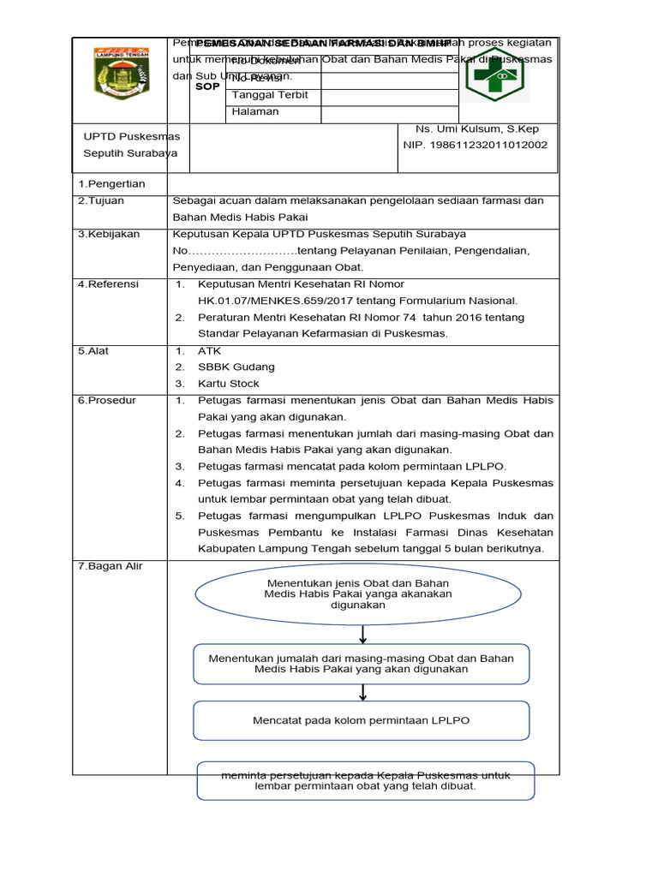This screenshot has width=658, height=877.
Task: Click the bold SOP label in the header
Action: tap(207, 87)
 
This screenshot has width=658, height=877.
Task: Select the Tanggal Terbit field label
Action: tap(270, 95)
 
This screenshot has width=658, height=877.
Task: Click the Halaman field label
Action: tap(255, 112)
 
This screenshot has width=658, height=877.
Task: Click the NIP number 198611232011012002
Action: tap(476, 146)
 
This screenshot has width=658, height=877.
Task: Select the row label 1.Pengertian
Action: tap(111, 184)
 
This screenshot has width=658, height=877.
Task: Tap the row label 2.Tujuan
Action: tap(101, 201)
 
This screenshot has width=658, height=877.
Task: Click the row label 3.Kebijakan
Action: tap(109, 235)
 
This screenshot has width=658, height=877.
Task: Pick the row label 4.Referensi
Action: tap(108, 284)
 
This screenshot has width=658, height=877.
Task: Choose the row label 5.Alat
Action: tap(93, 351)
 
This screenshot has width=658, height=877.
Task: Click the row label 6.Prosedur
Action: tap(107, 401)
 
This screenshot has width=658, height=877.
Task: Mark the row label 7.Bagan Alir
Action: tap(111, 567)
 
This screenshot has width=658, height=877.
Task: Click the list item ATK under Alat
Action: tap(210, 351)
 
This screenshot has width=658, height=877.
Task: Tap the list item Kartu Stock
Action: tap(229, 384)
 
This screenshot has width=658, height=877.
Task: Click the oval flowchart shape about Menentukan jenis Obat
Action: tap(358, 594)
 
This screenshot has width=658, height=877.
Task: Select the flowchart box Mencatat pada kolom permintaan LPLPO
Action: tap(361, 720)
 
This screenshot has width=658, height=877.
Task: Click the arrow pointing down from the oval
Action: tap(363, 635)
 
